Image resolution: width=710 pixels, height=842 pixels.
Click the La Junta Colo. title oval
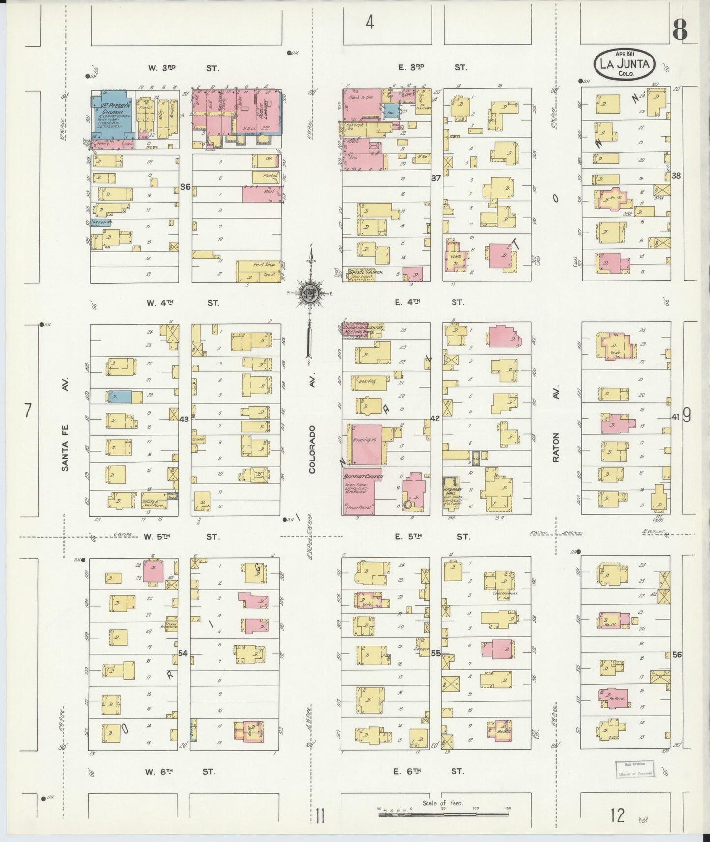click(625, 64)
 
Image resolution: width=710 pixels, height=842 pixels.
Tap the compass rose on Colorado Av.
click(310, 293)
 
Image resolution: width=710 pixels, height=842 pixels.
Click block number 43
click(184, 419)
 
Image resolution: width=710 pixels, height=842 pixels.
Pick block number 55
click(435, 653)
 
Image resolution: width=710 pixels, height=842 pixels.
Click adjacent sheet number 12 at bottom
click(618, 815)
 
